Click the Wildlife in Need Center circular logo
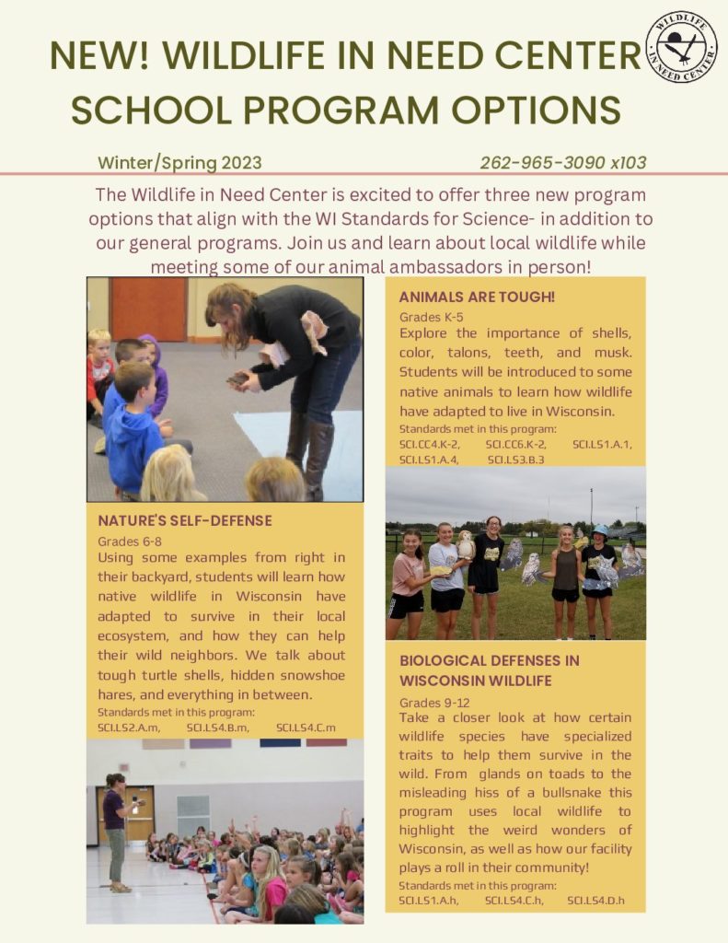pyautogui.click(x=681, y=47)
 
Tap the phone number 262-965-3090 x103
pyautogui.click(x=562, y=163)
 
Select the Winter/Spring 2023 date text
pyautogui.click(x=179, y=163)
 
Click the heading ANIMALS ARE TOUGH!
pyautogui.click(x=477, y=297)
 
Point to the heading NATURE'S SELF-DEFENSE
pyautogui.click(x=185, y=520)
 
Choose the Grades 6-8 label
pyautogui.click(x=130, y=541)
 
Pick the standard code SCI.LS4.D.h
pyautogui.click(x=595, y=900)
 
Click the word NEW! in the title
pyautogui.click(x=102, y=57)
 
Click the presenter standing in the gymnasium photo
pyautogui.click(x=116, y=830)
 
